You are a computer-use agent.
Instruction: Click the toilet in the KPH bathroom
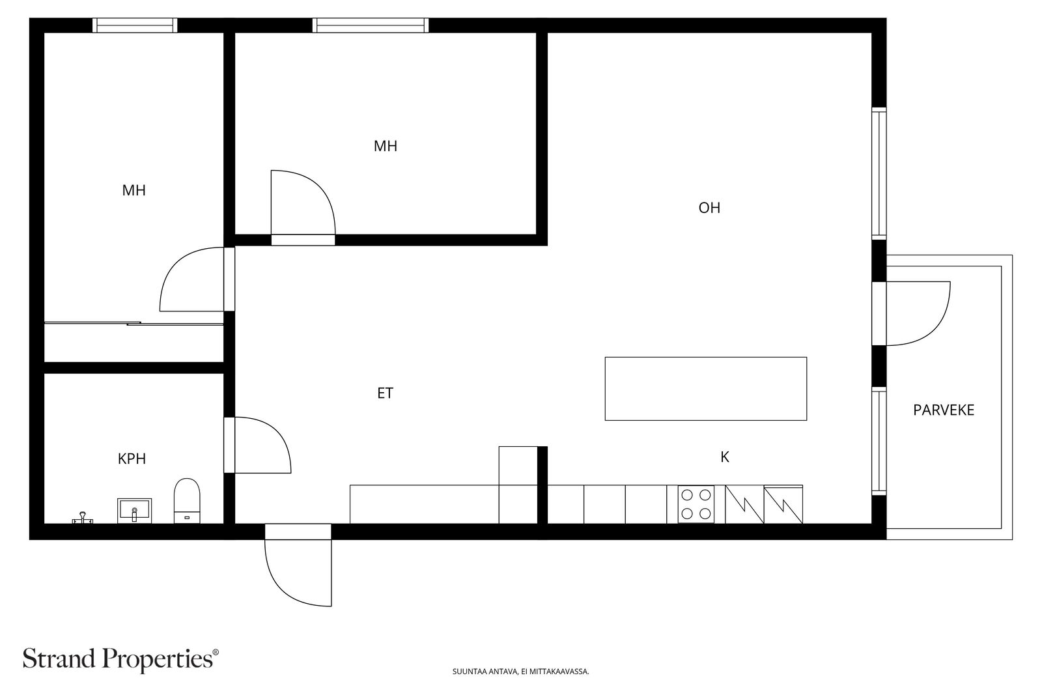(187, 500)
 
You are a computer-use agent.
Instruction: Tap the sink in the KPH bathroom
(134, 510)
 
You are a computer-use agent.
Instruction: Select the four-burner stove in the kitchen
(696, 504)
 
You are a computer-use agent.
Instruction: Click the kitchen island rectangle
(706, 389)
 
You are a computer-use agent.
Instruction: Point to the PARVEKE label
(944, 410)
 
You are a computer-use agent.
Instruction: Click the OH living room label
(709, 208)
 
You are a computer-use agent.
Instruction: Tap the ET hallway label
(385, 393)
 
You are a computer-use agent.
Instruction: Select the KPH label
(132, 459)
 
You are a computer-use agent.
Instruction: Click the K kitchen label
(725, 457)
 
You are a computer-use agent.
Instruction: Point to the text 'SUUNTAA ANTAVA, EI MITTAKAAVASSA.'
(520, 672)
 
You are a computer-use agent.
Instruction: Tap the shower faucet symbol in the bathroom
(82, 517)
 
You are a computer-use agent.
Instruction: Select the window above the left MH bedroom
(135, 25)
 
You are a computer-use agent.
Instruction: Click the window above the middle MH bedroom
(371, 25)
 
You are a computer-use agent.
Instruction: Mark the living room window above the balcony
(879, 173)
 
